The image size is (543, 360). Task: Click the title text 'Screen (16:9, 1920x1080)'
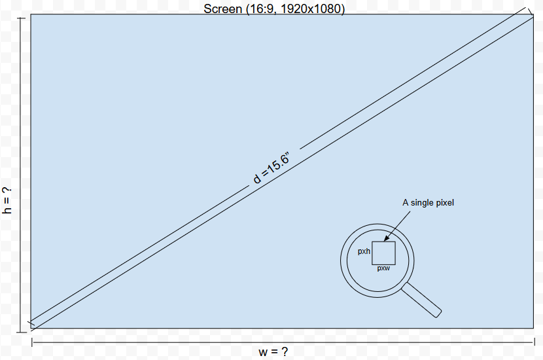click(274, 9)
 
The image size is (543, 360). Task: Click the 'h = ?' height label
click(7, 200)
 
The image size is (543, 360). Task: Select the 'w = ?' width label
click(273, 351)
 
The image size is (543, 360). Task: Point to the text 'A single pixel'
click(428, 203)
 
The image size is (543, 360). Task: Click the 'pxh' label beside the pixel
click(364, 251)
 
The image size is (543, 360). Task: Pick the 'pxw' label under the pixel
click(383, 268)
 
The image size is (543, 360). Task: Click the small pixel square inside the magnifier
click(384, 253)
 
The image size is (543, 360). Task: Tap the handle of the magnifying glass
click(421, 300)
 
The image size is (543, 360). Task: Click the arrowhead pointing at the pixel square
click(387, 238)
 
